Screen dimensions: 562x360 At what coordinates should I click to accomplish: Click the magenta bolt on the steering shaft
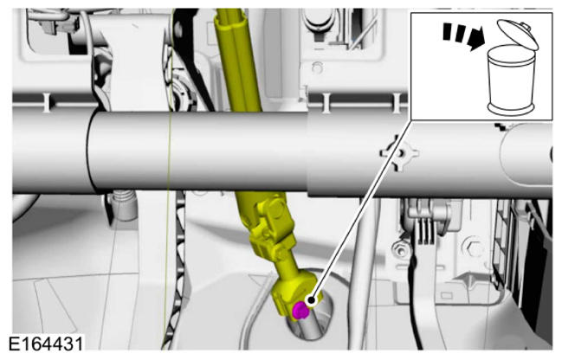(300, 311)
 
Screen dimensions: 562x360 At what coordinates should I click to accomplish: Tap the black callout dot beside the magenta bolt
(311, 299)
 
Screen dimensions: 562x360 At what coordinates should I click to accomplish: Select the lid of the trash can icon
(518, 34)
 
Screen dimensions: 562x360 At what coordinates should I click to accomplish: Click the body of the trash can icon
(511, 80)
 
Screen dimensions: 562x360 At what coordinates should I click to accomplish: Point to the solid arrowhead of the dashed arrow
(476, 39)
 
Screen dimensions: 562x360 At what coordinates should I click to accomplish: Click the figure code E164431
(46, 344)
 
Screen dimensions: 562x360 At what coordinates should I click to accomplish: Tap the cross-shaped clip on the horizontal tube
(398, 153)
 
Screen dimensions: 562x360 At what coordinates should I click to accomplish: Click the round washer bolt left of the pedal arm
(399, 249)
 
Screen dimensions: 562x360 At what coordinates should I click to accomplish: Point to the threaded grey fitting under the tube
(124, 205)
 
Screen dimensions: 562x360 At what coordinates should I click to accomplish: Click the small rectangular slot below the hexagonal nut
(447, 295)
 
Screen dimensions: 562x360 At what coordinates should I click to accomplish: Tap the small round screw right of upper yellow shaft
(317, 67)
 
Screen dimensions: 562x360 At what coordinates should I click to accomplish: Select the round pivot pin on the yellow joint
(277, 208)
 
